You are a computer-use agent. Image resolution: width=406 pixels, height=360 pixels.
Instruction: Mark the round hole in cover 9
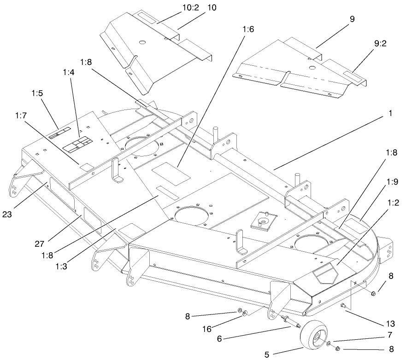point(312,68)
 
